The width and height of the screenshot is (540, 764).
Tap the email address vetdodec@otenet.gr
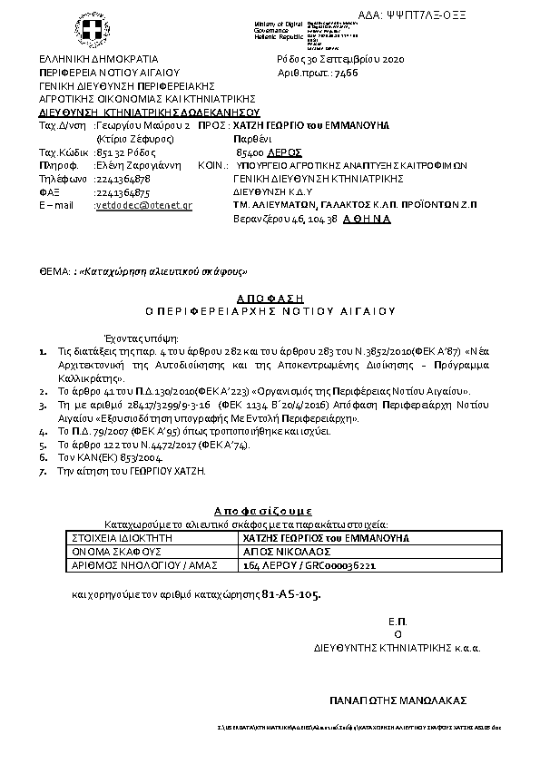[144, 206]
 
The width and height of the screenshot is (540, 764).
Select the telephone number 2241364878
[123, 180]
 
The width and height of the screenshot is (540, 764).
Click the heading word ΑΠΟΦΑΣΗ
[270, 298]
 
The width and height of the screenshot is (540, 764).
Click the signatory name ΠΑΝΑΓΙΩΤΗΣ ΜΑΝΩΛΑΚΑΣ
[397, 700]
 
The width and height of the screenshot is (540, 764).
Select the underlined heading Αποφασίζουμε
[270, 510]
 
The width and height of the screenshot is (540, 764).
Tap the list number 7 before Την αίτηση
[43, 472]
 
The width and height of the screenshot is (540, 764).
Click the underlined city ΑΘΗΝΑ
[367, 219]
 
